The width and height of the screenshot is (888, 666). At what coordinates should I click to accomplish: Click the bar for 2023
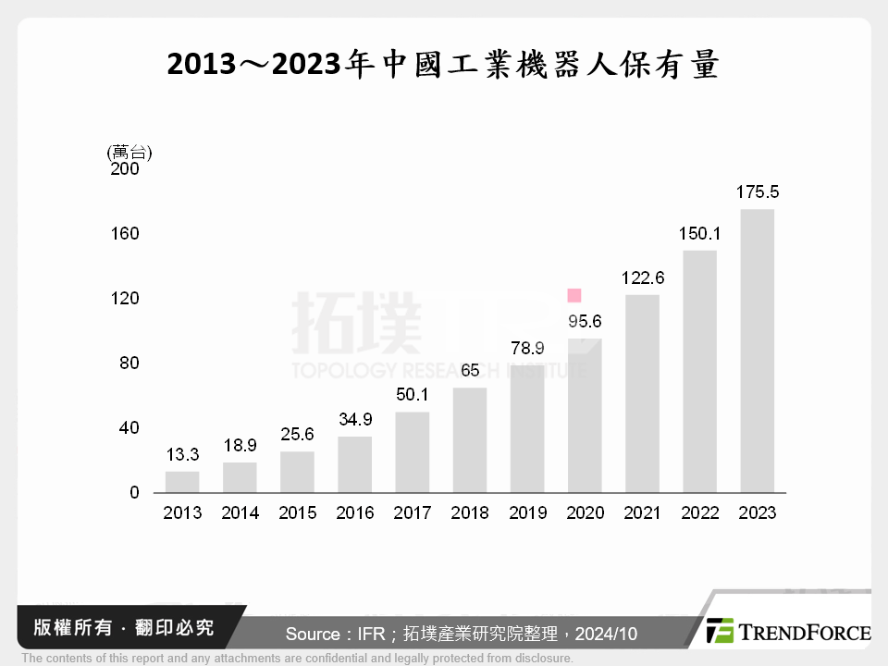[757, 351]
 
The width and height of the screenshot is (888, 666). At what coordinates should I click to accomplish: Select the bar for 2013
[182, 482]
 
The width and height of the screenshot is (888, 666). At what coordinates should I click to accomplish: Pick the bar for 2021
[642, 393]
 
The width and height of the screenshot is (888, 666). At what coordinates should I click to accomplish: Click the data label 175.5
[758, 192]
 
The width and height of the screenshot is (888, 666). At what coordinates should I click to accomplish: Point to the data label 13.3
[182, 454]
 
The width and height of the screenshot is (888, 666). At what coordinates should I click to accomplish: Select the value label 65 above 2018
[470, 371]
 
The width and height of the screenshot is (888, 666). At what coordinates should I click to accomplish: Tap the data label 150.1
[700, 234]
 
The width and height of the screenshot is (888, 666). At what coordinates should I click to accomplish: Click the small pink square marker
[573, 296]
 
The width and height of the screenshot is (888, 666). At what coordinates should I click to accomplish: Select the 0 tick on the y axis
[134, 493]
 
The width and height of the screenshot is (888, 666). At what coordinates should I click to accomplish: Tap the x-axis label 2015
[297, 513]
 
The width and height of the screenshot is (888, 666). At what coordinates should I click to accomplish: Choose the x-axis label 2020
[585, 513]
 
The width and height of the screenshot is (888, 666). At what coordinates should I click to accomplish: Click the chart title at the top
[443, 66]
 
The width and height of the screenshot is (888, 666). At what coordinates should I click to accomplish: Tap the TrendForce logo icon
[720, 631]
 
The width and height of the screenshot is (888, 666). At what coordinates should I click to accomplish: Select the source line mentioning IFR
[461, 634]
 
